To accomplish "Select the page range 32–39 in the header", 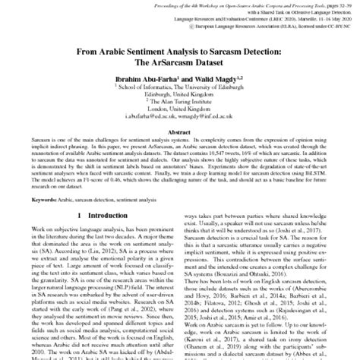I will [335, 4].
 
